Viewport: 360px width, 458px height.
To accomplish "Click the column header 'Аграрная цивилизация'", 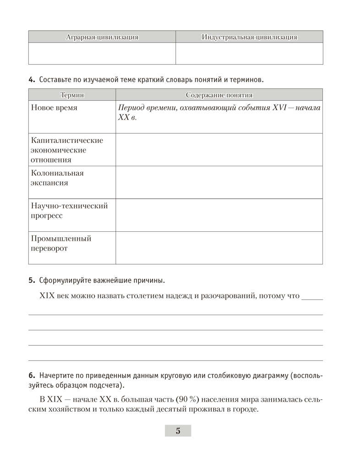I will (x=102, y=37).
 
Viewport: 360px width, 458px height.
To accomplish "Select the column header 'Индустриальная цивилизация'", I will (x=249, y=37).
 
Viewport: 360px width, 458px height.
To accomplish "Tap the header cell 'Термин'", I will (x=72, y=95).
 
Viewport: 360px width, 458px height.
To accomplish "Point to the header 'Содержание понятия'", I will (x=219, y=95).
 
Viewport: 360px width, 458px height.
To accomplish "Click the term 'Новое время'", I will (x=54, y=108).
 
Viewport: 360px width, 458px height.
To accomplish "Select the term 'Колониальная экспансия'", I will (x=57, y=178).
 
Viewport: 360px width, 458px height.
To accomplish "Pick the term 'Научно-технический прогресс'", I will (x=69, y=211).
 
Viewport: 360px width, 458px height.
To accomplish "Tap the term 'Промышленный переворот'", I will (x=61, y=244).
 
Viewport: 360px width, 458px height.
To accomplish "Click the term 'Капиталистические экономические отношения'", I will (x=67, y=150).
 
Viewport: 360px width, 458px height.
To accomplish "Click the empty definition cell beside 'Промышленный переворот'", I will (x=219, y=248).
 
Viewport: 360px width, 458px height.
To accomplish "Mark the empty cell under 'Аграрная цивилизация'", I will (x=102, y=54).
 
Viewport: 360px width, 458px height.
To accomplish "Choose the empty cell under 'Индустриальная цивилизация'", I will (x=249, y=54).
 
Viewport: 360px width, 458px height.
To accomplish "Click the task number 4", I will (x=32, y=80).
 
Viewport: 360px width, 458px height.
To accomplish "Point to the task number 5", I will (x=32, y=280).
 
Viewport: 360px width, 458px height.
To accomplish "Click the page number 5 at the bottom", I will (x=178, y=431).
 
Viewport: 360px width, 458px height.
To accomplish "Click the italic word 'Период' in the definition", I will (x=131, y=108).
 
